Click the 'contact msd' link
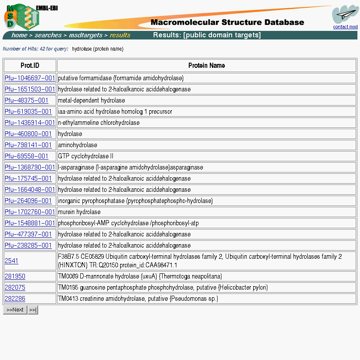point(345,27)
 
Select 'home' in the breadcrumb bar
point(19,35)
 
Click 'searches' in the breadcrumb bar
point(48,35)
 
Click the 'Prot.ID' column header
point(30,66)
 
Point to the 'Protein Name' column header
point(206,66)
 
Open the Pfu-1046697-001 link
point(30,78)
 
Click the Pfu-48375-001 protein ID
point(27,100)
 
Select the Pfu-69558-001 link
point(27,156)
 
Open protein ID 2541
point(12,261)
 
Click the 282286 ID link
point(15,299)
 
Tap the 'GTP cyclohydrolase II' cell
point(86,156)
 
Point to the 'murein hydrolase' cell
point(79,212)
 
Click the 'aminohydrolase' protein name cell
point(78,145)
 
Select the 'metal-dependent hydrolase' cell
point(91,100)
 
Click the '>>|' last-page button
point(33,310)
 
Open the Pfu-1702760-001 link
point(30,212)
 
